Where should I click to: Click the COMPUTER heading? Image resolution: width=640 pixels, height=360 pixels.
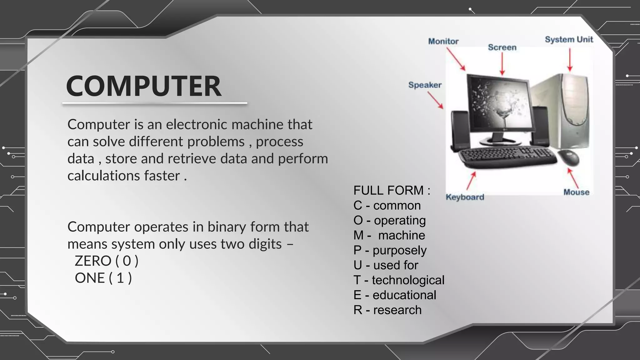144,86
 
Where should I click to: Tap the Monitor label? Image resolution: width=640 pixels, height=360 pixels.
443,41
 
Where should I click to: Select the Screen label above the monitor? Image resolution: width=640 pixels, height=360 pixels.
502,47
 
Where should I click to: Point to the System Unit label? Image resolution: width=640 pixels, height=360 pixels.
569,40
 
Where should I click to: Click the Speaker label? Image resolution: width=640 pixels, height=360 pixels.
425,85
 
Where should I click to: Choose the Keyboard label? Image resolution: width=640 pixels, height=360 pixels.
465,197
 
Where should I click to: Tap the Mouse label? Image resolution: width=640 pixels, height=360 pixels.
576,192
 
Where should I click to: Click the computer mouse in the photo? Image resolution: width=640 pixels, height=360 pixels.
569,157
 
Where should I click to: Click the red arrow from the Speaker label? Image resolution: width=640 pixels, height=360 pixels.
435,100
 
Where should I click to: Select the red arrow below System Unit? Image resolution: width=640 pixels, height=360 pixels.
570,60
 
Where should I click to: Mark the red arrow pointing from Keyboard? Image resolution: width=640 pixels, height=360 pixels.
471,181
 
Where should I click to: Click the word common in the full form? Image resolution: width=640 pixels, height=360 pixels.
397,206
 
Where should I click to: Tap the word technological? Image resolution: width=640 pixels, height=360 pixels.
408,280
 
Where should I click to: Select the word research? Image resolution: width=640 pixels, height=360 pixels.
397,310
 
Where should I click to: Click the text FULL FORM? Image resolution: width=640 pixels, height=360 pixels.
392,190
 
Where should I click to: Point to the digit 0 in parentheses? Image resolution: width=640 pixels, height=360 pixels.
127,261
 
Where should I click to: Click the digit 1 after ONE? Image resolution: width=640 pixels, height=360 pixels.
120,278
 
